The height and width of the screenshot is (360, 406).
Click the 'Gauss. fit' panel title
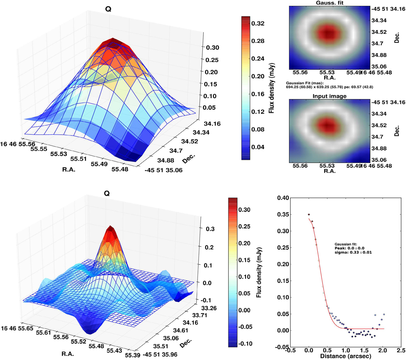[x=329, y=3]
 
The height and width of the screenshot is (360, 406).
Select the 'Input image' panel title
[x=329, y=96]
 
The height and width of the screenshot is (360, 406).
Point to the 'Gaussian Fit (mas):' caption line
[x=305, y=83]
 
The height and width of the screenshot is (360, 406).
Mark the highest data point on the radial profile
[x=309, y=214]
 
